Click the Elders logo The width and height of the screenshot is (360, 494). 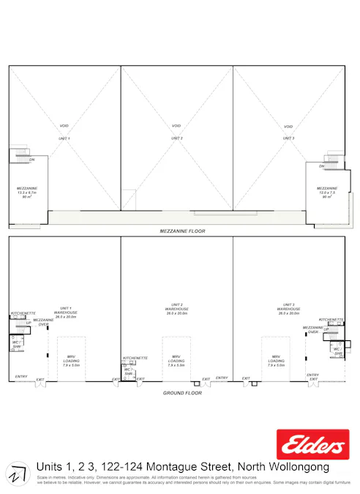[x=312, y=445]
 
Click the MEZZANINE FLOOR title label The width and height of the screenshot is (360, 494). [x=182, y=231]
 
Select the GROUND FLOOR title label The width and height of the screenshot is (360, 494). [x=182, y=393]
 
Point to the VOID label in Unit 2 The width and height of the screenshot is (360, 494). [x=176, y=125]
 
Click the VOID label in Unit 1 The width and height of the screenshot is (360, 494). [x=64, y=125]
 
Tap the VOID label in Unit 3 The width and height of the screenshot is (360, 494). [x=288, y=125]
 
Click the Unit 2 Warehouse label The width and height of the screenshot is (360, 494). [x=176, y=310]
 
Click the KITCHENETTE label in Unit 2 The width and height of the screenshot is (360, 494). [x=135, y=358]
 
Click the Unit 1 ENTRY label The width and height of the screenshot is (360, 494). [x=21, y=377]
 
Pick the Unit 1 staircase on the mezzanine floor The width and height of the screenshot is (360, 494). [x=20, y=157]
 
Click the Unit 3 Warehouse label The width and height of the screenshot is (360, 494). [x=288, y=310]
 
